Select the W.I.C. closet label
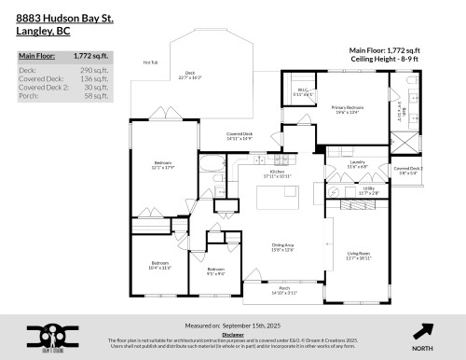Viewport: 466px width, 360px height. click(x=303, y=91)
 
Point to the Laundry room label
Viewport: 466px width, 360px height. click(x=357, y=162)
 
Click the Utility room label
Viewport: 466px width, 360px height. click(x=369, y=187)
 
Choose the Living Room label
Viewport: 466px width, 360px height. click(x=361, y=253)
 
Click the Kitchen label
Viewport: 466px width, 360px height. click(x=277, y=173)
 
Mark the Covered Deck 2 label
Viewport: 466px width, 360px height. click(x=409, y=169)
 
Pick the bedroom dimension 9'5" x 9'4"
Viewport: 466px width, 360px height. click(x=215, y=273)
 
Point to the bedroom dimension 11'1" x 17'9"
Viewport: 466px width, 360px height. click(x=163, y=170)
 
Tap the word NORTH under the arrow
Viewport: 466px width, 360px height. click(x=422, y=348)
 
